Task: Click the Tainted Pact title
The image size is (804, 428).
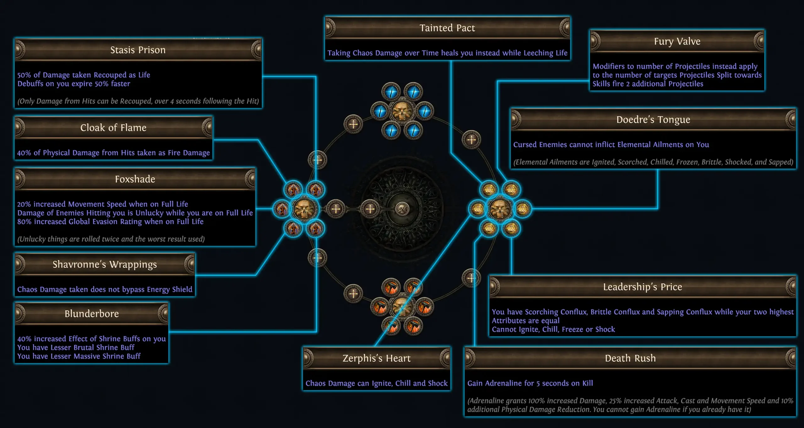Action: click(x=447, y=28)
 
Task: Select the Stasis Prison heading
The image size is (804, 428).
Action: click(x=138, y=50)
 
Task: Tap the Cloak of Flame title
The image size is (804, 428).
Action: click(x=113, y=128)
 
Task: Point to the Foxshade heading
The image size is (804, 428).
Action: click(x=135, y=179)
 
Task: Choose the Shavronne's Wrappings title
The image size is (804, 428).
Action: click(x=105, y=265)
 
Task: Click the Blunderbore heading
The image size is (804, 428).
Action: click(x=91, y=314)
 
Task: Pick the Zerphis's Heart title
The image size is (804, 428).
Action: click(x=376, y=358)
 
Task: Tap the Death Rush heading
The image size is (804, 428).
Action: click(x=630, y=358)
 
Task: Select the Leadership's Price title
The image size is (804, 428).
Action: click(x=642, y=287)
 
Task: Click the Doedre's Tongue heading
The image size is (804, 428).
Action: click(x=653, y=120)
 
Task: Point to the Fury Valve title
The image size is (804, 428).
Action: click(x=677, y=41)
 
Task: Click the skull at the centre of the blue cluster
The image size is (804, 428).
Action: click(x=402, y=111)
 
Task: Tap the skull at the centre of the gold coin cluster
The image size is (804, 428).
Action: click(x=500, y=209)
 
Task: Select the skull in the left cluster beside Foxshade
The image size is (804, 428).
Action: click(x=304, y=209)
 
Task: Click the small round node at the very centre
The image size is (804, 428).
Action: click(x=402, y=209)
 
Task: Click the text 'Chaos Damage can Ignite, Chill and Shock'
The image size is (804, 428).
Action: click(x=376, y=383)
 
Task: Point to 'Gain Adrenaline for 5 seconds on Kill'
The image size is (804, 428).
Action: click(x=530, y=383)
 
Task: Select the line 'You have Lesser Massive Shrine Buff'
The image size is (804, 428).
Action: click(x=79, y=356)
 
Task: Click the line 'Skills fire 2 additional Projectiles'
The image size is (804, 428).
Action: click(x=648, y=84)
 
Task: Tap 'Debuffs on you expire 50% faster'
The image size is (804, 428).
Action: click(x=73, y=84)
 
